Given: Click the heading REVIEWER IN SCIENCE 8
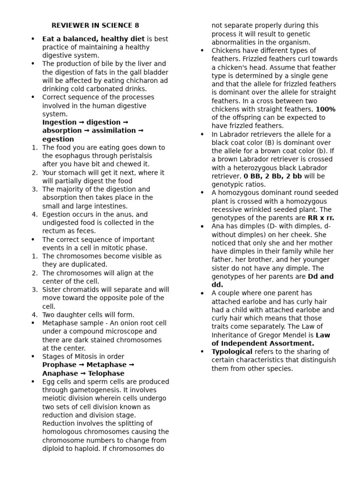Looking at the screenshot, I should coord(95,25).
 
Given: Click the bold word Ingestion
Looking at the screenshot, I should coord(60,122).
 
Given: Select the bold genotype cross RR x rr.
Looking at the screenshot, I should coord(321,218).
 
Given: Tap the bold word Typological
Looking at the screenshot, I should coord(232,352).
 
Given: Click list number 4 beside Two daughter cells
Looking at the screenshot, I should coord(34,315).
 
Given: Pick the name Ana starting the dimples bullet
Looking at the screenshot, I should coord(218,226).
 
